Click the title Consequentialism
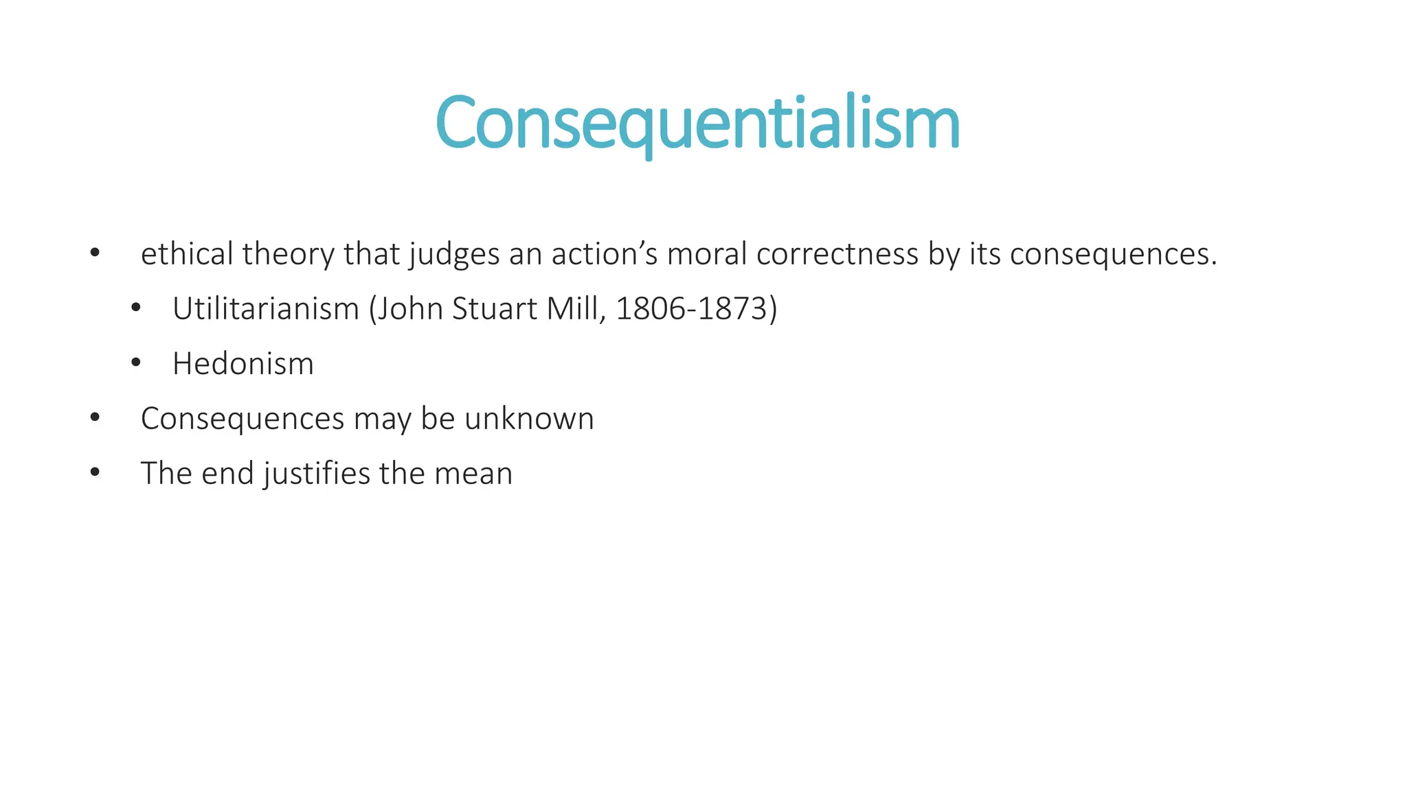tap(697, 123)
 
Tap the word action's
tap(605, 253)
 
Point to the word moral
tap(707, 253)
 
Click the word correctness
tap(837, 253)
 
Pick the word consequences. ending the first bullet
tap(1113, 255)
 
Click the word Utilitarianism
tap(266, 308)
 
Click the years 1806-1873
tap(690, 308)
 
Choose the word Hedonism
tap(243, 363)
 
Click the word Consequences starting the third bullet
tap(243, 420)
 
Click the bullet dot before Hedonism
tap(135, 363)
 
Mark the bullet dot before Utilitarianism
tap(135, 308)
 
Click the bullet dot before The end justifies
tap(95, 473)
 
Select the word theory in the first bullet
tap(288, 255)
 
